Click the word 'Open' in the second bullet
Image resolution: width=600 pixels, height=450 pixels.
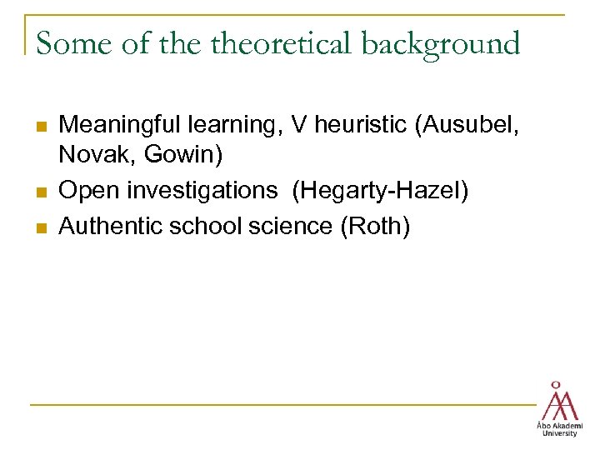point(87,191)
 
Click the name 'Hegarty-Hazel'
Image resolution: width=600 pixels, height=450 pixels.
point(380,191)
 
